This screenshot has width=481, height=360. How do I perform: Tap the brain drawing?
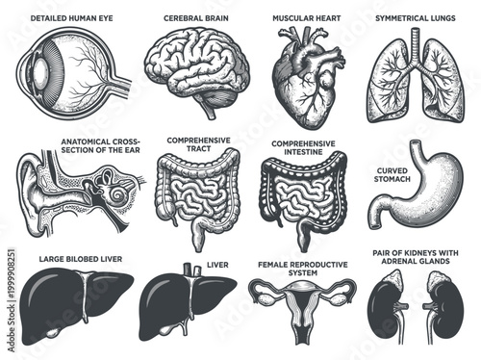click(x=198, y=68)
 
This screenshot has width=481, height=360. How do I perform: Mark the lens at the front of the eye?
click(x=35, y=72)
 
